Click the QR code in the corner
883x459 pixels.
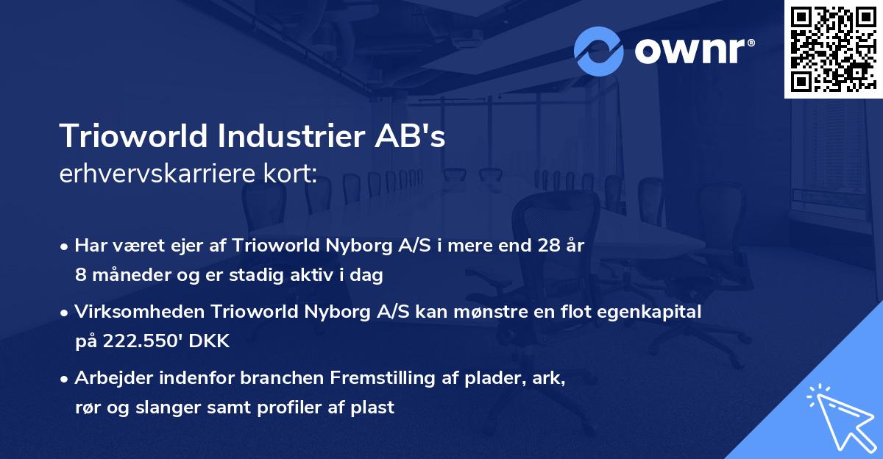click(x=833, y=49)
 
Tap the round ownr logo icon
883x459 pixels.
click(x=599, y=51)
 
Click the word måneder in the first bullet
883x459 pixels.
click(x=124, y=275)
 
